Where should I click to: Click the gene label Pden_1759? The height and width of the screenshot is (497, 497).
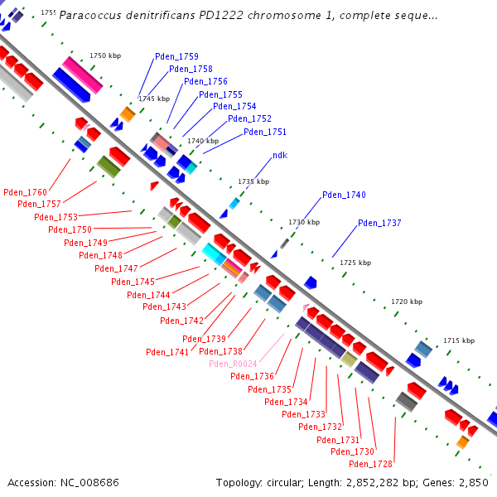tap(176, 56)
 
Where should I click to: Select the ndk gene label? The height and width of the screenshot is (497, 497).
tap(280, 156)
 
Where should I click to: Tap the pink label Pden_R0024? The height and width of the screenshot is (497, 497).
tap(234, 364)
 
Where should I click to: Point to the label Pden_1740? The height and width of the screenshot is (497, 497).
tap(344, 195)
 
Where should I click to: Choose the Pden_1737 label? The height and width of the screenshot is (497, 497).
tap(379, 223)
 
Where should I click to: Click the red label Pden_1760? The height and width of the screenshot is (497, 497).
tap(25, 192)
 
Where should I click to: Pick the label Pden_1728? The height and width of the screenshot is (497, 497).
tap(370, 464)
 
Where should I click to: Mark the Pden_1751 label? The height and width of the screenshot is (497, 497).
tap(265, 132)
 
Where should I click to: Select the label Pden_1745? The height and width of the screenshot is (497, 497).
tap(133, 282)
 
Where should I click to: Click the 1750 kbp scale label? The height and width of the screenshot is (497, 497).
tap(105, 55)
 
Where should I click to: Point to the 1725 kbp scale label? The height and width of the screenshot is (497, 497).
tap(355, 263)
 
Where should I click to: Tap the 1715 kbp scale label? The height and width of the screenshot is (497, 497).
tap(459, 340)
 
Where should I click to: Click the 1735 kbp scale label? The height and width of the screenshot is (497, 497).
tap(253, 181)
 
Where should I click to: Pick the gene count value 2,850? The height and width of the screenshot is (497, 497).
tap(473, 482)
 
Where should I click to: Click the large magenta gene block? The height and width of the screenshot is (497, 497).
tap(82, 75)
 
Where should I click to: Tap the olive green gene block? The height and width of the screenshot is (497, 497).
tap(109, 166)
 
